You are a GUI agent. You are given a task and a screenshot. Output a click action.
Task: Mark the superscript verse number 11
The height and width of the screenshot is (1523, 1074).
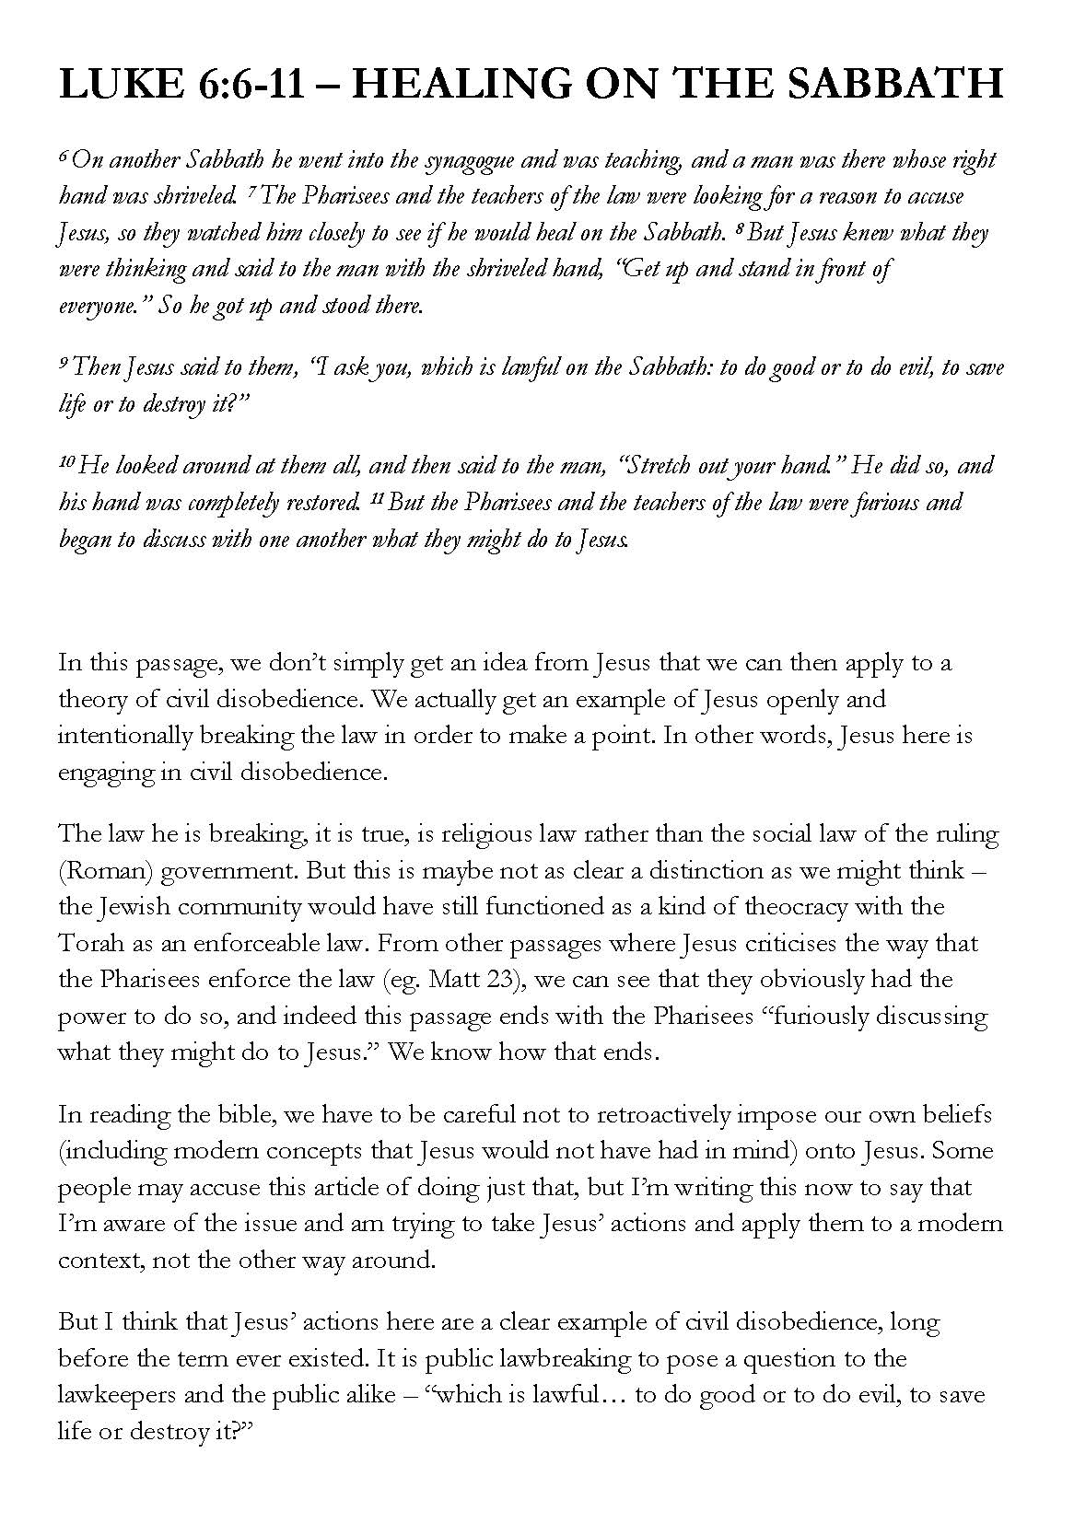pos(376,496)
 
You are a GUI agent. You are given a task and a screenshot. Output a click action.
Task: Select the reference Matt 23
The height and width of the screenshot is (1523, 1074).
pos(469,980)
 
